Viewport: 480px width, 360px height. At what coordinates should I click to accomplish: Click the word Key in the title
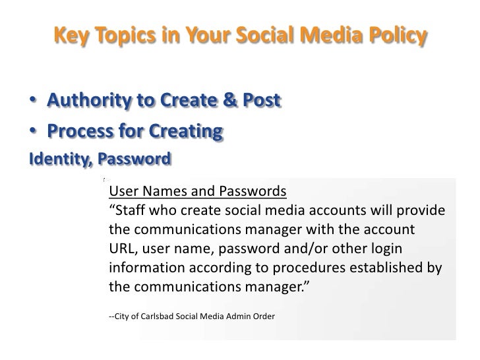click(x=69, y=34)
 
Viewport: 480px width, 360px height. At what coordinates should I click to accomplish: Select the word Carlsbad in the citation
click(x=156, y=317)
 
